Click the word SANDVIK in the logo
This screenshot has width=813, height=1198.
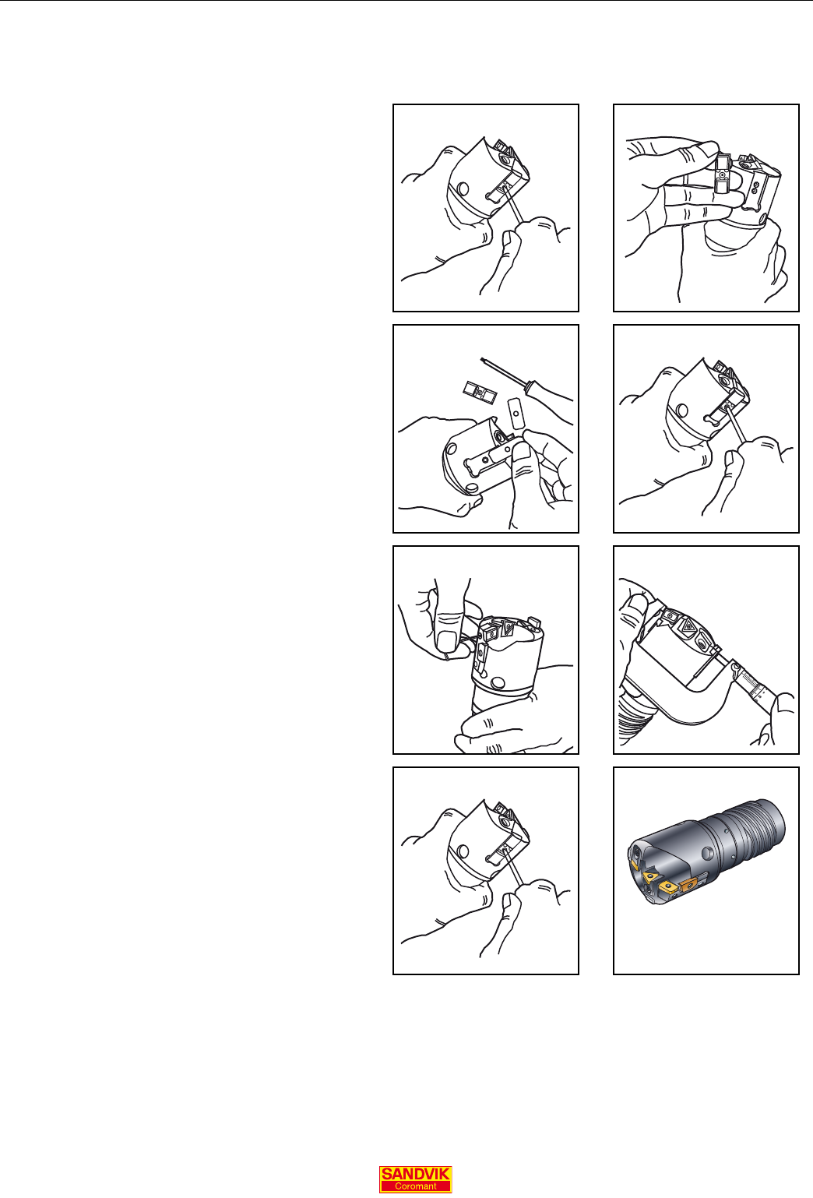point(415,1173)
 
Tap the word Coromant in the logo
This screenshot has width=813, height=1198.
point(415,1186)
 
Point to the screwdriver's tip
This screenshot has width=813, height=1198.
point(482,359)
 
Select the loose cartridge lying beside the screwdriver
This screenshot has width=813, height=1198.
point(480,393)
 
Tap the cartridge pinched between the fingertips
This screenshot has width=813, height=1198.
point(723,174)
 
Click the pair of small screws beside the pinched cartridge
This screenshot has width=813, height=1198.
point(755,187)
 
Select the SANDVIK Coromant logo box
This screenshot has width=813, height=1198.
point(415,1179)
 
